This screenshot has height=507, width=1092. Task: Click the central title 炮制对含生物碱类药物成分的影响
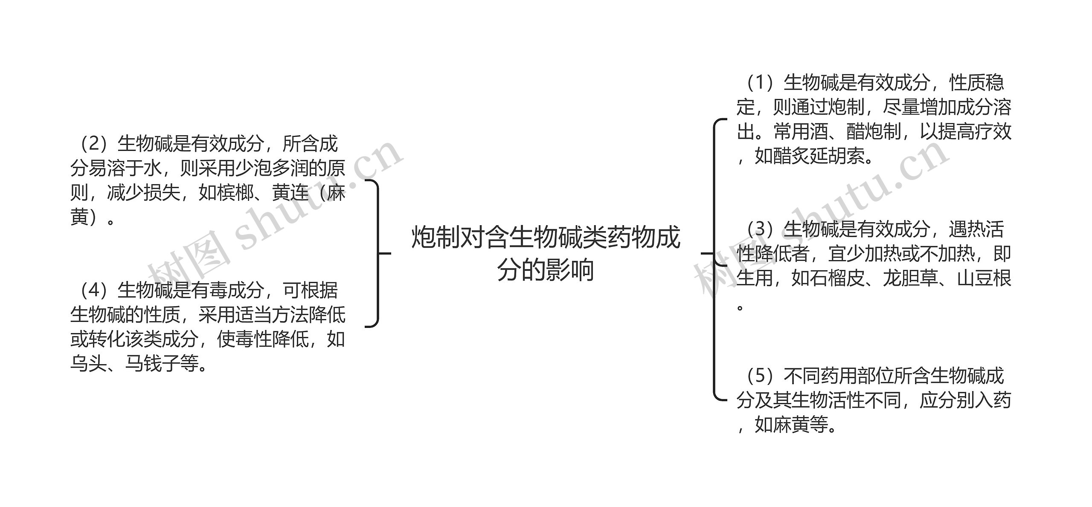coord(546,254)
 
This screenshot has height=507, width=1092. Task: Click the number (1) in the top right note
coord(760,83)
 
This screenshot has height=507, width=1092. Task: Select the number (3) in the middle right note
coord(760,229)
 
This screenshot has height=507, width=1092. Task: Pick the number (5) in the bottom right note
coord(760,376)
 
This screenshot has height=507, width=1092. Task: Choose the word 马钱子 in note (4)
coord(152,364)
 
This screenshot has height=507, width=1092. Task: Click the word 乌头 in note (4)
coord(89,364)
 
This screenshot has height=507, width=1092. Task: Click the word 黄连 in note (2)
coord(290,193)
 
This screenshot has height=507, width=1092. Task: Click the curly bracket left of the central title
coord(377,254)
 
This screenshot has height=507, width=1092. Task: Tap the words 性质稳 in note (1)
coord(976,83)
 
